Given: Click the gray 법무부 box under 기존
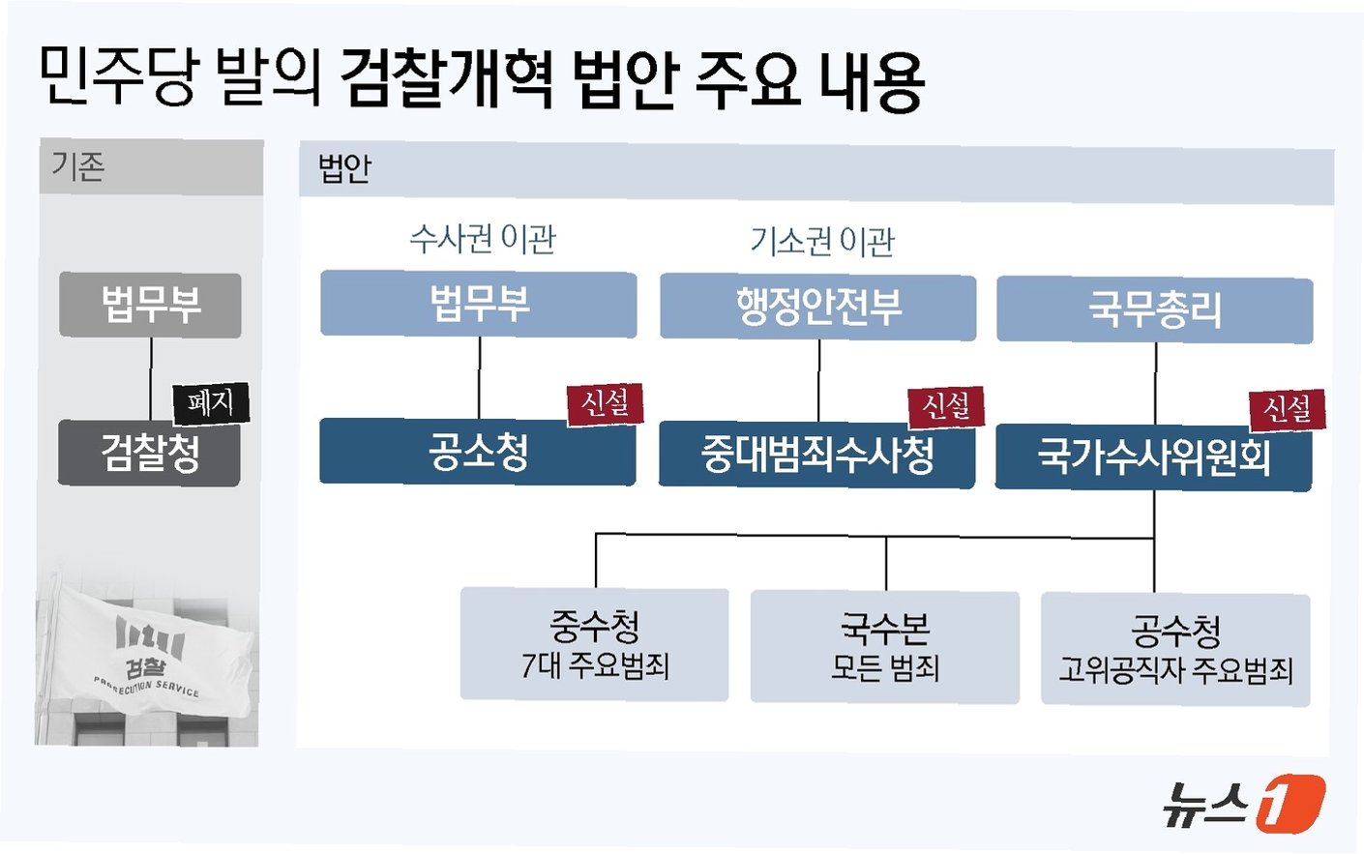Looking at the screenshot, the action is tap(150, 305).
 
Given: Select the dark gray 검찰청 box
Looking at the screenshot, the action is tap(149, 453).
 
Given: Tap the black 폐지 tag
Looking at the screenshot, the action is tap(211, 402).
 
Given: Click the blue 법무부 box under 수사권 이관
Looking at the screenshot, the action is tap(478, 305).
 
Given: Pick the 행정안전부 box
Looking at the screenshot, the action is tap(817, 308).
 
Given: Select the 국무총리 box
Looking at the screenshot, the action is tap(1154, 310).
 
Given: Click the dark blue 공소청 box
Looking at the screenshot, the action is tap(478, 452).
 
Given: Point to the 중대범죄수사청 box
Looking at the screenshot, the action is tap(816, 455).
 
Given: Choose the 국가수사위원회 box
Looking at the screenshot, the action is tap(1153, 456).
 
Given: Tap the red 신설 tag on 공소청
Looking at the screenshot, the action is tap(605, 402).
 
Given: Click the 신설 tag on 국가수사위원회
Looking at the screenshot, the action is tap(1287, 409).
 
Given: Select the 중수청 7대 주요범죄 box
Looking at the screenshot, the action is tap(594, 644).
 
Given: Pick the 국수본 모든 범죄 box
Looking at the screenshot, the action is tap(884, 647).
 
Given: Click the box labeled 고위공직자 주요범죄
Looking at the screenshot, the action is tap(1175, 650).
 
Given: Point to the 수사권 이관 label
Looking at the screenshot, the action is tap(482, 239).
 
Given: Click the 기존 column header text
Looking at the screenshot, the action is tap(78, 166).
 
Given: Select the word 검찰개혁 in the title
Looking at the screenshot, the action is tap(447, 78).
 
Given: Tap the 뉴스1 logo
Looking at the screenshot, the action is tap(1242, 804).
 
